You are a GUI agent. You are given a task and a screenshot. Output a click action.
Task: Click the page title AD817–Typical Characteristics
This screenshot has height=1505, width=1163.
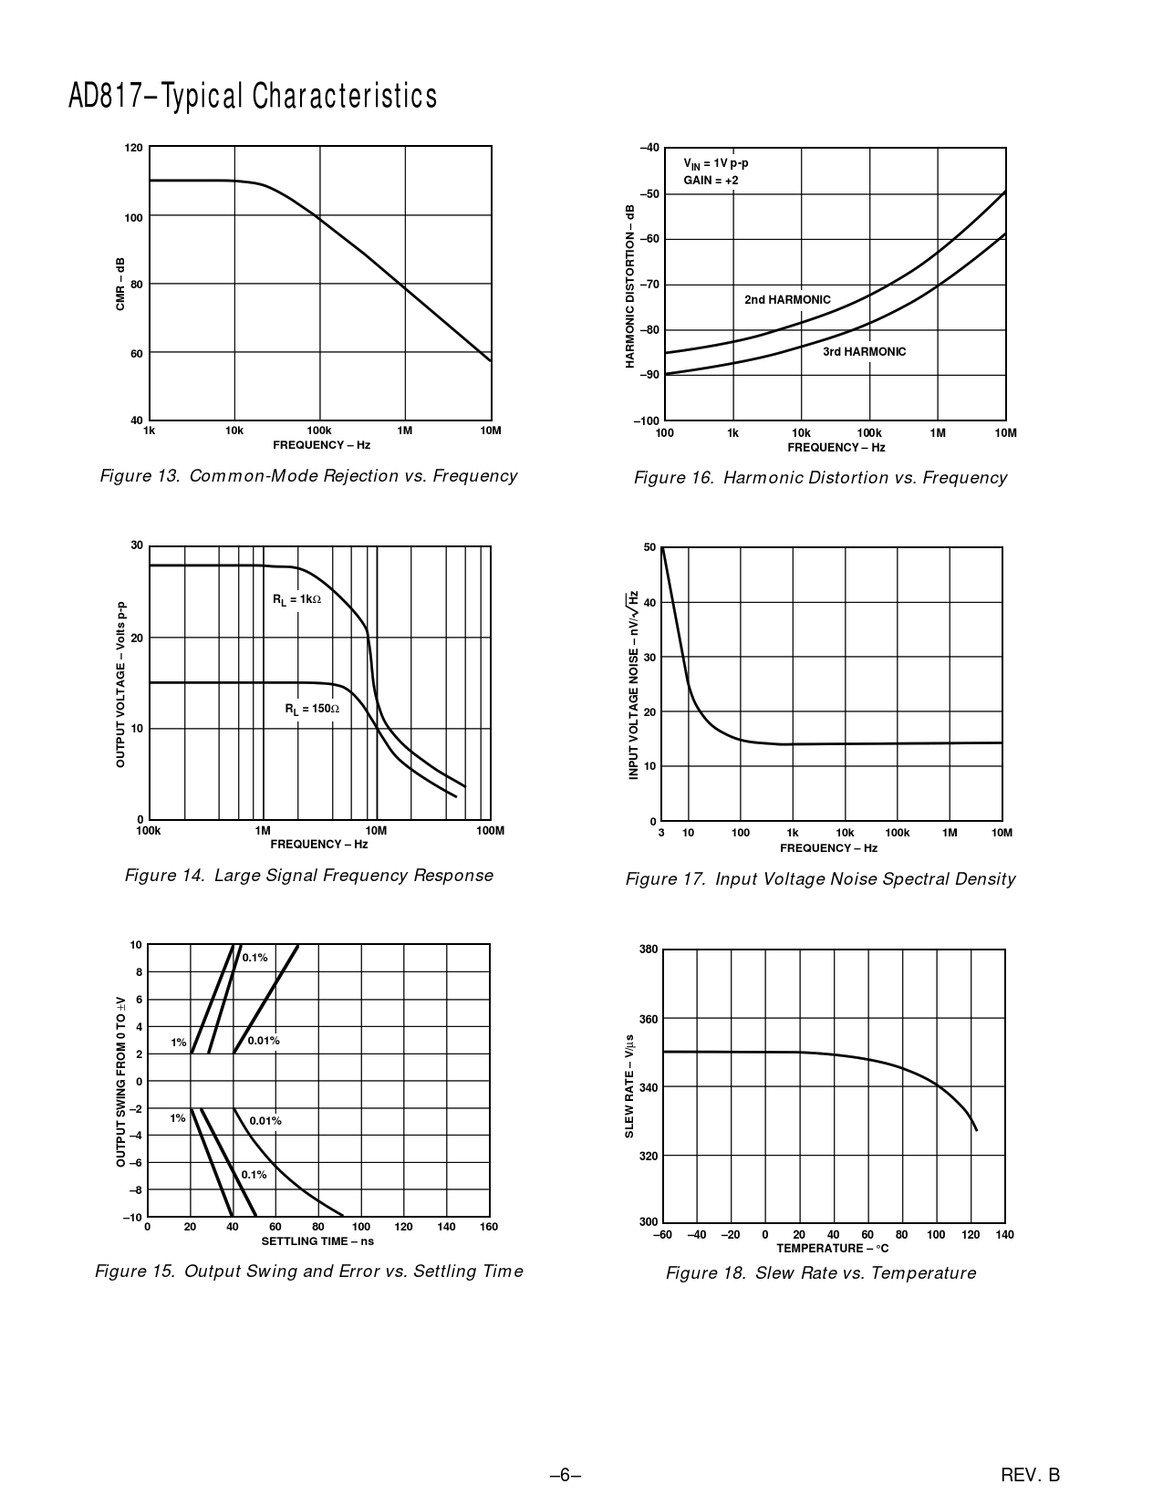pos(253,96)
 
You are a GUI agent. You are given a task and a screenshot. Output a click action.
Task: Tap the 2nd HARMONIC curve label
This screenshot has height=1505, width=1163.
pos(787,299)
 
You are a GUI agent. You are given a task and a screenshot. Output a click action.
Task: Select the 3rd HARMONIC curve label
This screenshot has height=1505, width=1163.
pos(864,351)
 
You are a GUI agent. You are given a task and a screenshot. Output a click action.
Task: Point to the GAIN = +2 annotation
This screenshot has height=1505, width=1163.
pos(711,181)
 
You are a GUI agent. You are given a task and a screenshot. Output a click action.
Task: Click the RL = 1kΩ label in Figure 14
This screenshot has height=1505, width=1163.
pos(296,599)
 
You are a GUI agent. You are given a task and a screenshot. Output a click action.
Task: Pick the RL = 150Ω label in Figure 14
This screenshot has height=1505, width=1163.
pos(312,709)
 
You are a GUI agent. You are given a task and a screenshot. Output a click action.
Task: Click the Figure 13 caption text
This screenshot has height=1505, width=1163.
pos(308,475)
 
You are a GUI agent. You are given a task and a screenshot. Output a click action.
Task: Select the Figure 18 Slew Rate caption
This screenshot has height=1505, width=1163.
pos(820,1272)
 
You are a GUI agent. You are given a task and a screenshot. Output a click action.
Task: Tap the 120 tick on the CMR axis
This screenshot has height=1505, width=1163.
pos(133,148)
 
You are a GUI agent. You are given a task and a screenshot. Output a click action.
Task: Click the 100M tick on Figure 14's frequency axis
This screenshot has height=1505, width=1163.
pos(490,831)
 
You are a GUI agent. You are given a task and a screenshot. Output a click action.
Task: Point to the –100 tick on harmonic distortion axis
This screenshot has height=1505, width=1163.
pos(646,420)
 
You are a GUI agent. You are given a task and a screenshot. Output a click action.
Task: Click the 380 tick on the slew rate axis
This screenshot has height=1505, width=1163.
pos(648,950)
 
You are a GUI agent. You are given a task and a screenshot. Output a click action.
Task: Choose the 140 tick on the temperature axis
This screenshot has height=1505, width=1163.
pos(1004,1235)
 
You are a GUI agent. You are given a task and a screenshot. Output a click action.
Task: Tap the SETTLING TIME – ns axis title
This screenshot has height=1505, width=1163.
pos(317,1240)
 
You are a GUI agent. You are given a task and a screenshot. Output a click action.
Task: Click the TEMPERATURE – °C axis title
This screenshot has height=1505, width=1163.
pos(832,1248)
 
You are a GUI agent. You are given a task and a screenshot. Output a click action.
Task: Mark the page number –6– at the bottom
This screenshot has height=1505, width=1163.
pos(566,1474)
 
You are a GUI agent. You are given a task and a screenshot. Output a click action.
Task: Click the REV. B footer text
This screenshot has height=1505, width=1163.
pos(1030,1474)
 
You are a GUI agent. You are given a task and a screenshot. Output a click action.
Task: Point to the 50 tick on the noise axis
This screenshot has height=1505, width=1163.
pos(649,547)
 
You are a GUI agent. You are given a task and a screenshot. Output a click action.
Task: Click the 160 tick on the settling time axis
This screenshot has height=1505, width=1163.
pos(489,1227)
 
